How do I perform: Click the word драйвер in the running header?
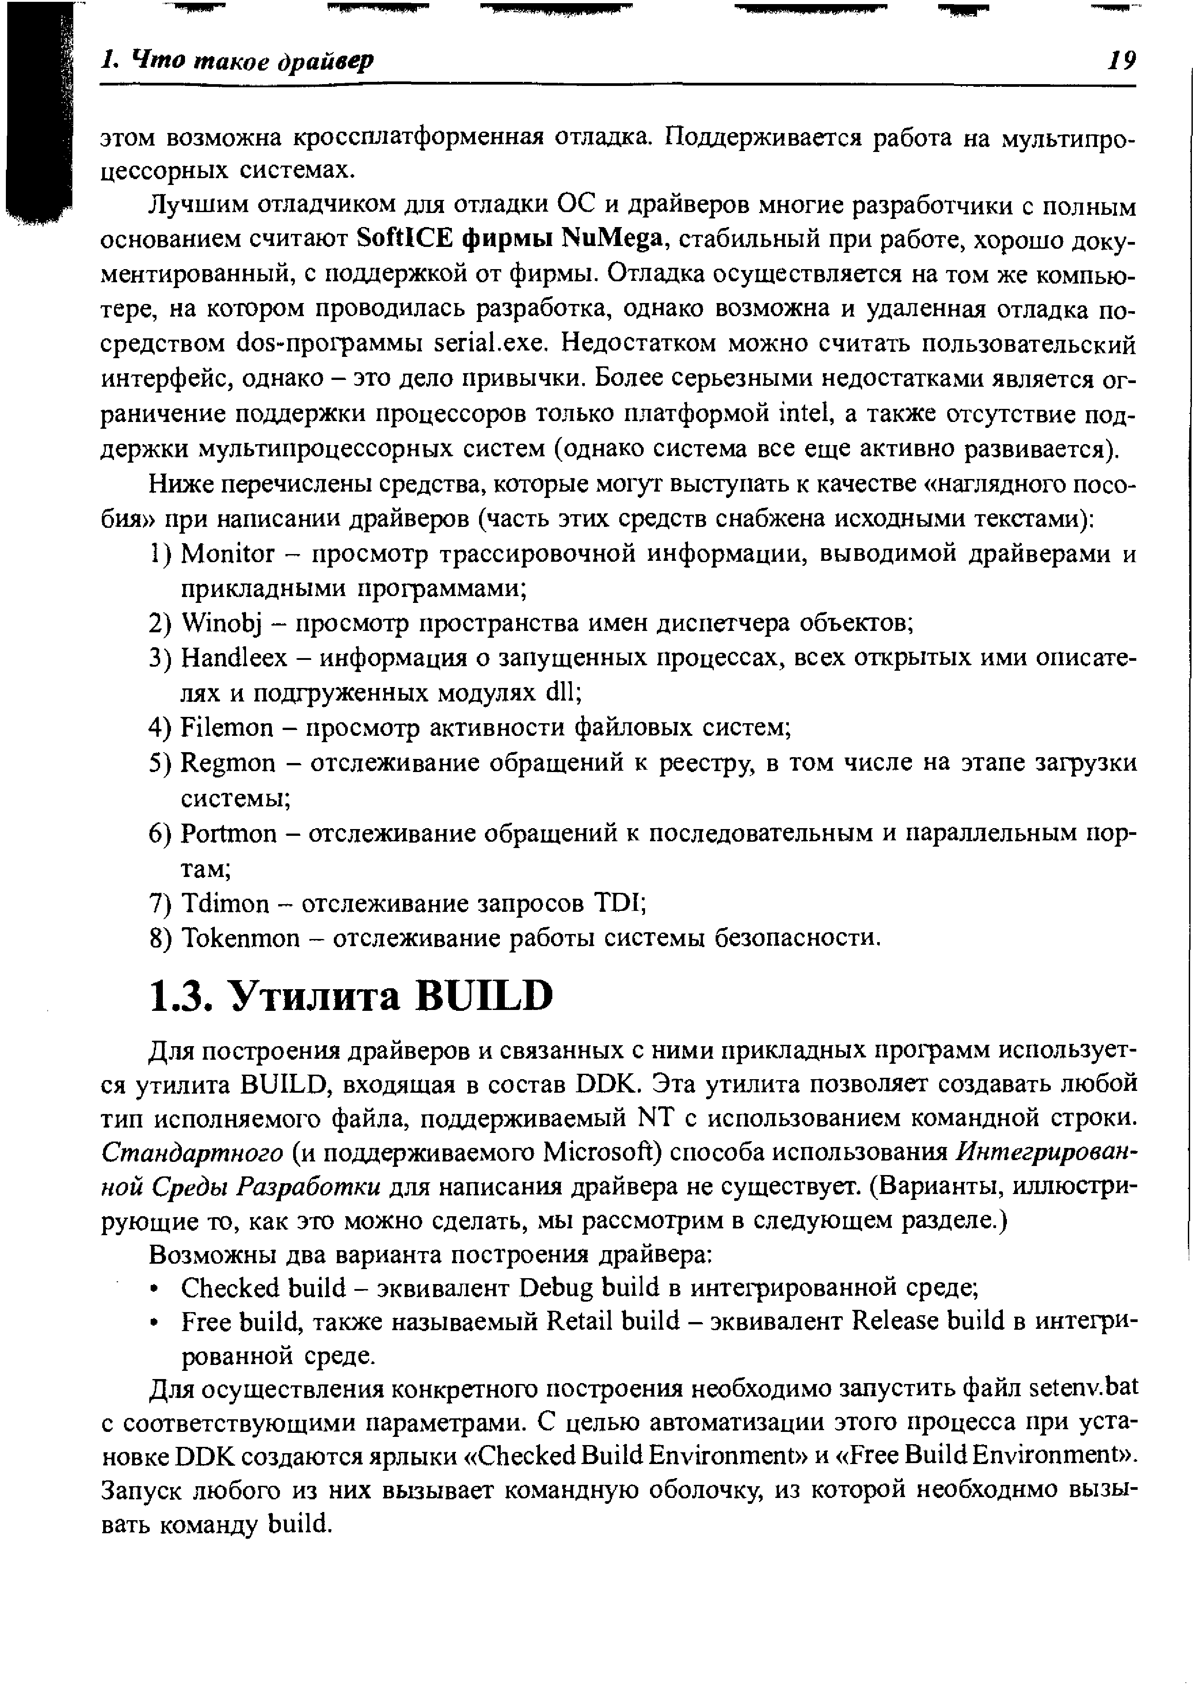click(x=324, y=61)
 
